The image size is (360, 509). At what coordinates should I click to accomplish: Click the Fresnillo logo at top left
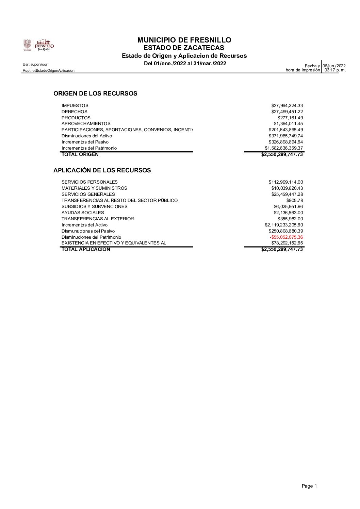tap(38, 45)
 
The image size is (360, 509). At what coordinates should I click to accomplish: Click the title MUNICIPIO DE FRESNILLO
tap(184, 40)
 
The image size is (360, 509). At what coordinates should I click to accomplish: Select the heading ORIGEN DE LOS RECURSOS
tap(95, 94)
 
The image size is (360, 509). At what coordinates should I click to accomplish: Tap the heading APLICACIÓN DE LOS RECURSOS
tap(102, 170)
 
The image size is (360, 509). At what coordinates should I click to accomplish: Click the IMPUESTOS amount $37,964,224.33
tap(287, 106)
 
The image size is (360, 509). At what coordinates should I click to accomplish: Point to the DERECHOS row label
tap(74, 112)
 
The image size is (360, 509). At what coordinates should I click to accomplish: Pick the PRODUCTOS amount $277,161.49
tap(290, 118)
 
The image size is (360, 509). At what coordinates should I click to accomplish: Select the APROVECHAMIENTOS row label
tap(86, 124)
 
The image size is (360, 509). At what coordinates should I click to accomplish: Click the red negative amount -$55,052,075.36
tap(286, 237)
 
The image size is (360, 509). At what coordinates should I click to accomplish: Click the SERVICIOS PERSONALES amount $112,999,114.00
tap(285, 182)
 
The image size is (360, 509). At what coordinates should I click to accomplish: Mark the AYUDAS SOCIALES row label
tap(83, 213)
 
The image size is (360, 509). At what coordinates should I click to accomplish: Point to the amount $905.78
tap(294, 200)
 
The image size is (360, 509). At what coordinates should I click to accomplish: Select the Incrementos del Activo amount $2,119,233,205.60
tap(284, 225)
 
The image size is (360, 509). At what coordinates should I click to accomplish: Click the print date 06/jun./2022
tap(334, 66)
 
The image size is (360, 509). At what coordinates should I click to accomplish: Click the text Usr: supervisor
tap(35, 64)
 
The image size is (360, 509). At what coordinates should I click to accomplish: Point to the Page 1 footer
tap(309, 486)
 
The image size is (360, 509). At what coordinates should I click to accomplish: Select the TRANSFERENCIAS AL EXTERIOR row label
tap(98, 219)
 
